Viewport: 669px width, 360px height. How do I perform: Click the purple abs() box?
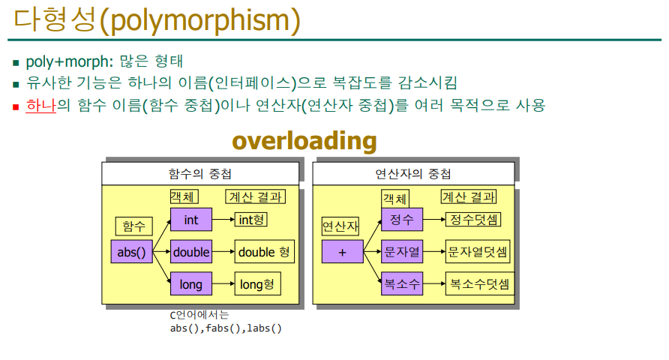click(x=131, y=252)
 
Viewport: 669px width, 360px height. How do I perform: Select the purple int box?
click(x=191, y=220)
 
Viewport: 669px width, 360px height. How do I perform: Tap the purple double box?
click(x=191, y=252)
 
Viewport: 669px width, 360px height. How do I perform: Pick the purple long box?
click(x=191, y=283)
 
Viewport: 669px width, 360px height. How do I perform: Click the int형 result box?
click(x=250, y=220)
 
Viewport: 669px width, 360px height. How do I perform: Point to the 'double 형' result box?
click(x=265, y=252)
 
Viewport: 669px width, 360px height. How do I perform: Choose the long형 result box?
click(x=258, y=283)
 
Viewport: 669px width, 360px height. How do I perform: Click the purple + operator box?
click(x=343, y=252)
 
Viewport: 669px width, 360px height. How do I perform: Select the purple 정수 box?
click(x=402, y=220)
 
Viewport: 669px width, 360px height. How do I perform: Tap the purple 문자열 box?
click(x=402, y=252)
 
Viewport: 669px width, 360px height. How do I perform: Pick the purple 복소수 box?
click(x=402, y=283)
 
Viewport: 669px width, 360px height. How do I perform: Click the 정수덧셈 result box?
click(x=473, y=220)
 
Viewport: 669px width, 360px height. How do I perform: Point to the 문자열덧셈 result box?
click(x=478, y=252)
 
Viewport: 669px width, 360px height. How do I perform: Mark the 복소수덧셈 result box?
click(x=480, y=283)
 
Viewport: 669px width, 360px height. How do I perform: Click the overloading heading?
click(x=304, y=141)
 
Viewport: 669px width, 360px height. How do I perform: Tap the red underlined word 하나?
click(x=41, y=105)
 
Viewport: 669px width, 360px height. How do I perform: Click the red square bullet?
click(x=16, y=106)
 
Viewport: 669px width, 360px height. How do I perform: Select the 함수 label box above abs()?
click(x=134, y=226)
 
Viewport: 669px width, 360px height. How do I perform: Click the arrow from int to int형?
click(x=223, y=220)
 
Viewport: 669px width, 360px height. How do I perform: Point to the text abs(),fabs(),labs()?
click(x=226, y=328)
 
